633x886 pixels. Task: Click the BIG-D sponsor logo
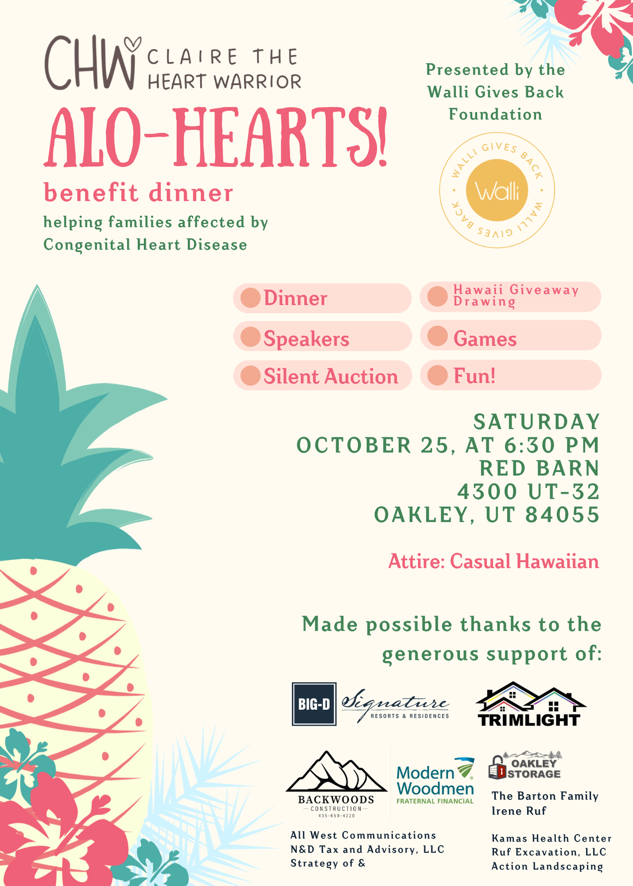coord(314,704)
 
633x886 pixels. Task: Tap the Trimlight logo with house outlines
coord(530,705)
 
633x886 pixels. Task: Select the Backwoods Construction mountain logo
coord(336,784)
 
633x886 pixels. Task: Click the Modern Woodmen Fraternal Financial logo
coord(435,781)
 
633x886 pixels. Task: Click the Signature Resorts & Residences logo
coord(395,705)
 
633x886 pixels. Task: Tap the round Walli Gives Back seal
coord(497,190)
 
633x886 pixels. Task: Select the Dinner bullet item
coord(295,298)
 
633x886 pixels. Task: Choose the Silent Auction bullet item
coord(330,376)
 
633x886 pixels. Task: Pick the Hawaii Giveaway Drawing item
coord(516,295)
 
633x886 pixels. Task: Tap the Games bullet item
coord(485,339)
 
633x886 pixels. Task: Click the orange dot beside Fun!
coord(438,375)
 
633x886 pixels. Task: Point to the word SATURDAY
coord(536,422)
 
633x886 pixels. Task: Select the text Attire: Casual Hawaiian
coord(493,561)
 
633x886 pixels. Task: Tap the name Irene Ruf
coord(519,811)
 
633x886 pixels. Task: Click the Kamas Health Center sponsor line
coord(551,838)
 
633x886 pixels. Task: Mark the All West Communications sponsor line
coord(363,835)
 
